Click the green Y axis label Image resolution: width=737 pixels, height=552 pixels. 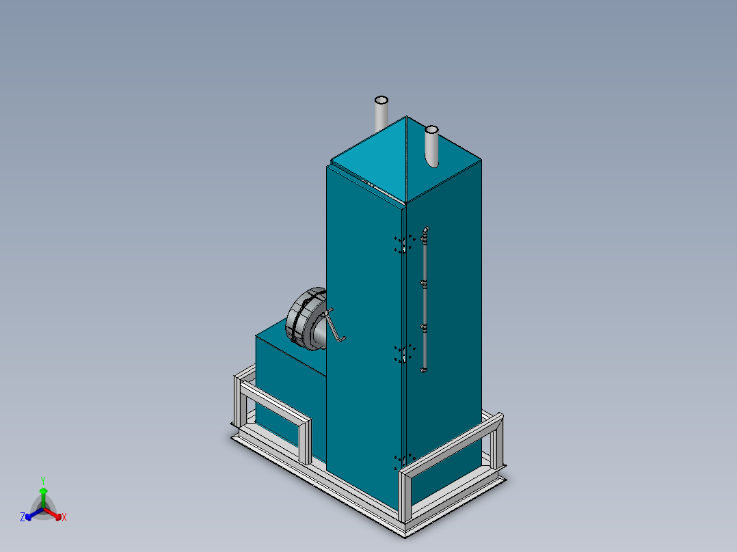42,480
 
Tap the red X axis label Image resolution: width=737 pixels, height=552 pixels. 64,518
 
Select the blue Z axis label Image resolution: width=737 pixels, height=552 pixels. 23,517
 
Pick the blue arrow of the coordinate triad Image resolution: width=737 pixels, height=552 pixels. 31,513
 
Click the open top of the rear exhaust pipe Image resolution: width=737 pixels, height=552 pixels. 381,100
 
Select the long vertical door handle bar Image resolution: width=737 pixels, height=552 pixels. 425,301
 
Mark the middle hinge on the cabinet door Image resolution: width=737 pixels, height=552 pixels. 404,354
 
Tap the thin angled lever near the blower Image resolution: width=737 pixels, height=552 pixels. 334,326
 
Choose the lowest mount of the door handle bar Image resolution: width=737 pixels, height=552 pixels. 424,370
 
